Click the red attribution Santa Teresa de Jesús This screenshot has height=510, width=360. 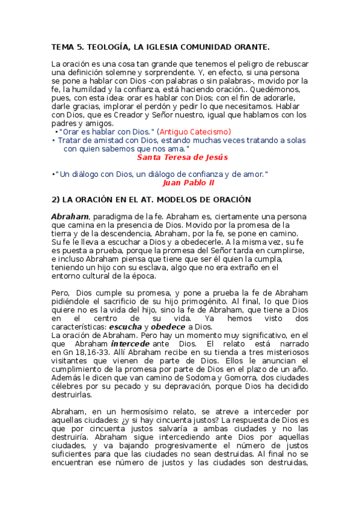coord(182,158)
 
